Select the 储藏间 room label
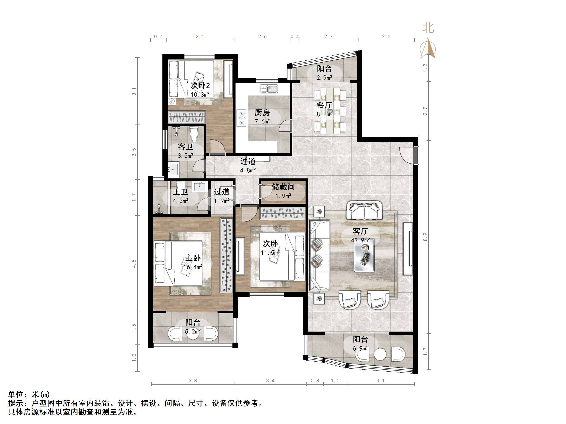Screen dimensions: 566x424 (283, 187)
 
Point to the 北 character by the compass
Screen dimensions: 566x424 (428, 28)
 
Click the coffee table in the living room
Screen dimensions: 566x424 (364, 255)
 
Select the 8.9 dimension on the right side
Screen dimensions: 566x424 (425, 237)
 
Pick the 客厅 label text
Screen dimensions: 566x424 (360, 231)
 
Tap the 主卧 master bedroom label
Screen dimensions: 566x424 (193, 258)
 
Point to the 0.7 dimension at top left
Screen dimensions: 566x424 (158, 37)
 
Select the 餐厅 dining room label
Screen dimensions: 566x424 (324, 105)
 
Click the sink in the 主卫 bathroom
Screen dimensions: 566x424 (200, 187)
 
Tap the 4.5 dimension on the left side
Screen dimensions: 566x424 (134, 264)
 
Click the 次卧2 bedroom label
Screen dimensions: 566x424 (200, 85)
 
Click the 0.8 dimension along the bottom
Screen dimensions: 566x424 (315, 380)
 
